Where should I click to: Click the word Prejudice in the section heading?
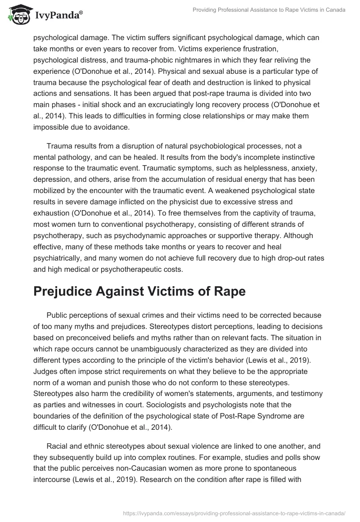pyautogui.click(x=65, y=291)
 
